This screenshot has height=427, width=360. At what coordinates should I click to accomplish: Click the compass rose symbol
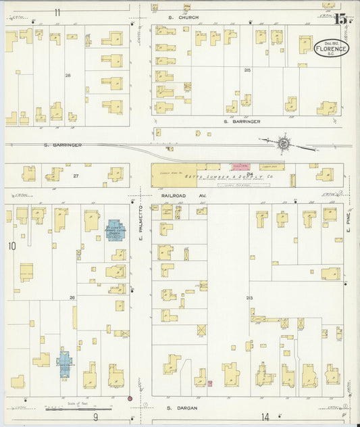coord(284,143)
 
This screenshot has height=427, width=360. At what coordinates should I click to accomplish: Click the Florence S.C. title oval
coord(332,49)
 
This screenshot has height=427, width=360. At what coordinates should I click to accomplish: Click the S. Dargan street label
coord(180,408)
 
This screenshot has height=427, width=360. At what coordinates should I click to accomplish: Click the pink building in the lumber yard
coord(241,166)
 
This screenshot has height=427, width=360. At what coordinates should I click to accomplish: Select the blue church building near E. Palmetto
coord(112,230)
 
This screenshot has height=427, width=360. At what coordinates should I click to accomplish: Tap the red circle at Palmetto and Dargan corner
coord(130,399)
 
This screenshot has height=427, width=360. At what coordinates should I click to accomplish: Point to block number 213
coord(249,298)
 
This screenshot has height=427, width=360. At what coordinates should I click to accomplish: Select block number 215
coord(247,70)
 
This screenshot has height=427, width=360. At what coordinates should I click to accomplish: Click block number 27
coord(76,176)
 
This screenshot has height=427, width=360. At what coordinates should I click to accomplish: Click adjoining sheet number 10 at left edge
coord(11,247)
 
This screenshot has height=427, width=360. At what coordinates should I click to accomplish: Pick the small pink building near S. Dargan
coord(209,384)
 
